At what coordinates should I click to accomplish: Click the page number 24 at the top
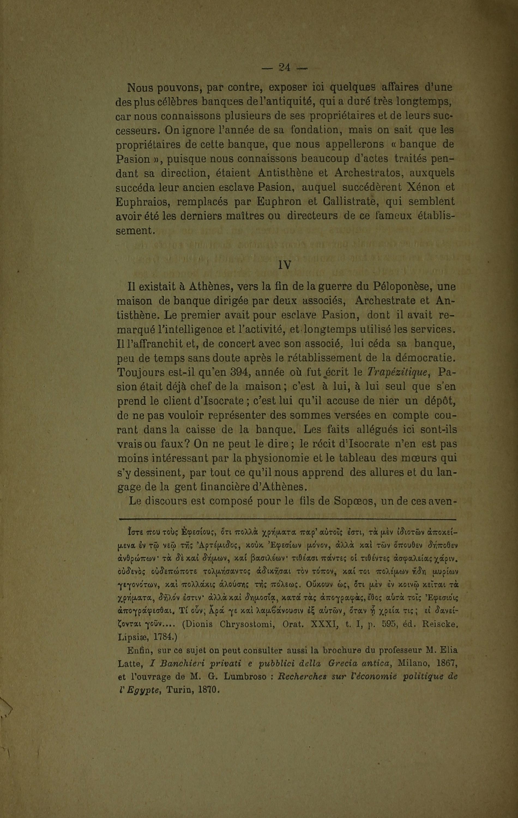284,68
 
